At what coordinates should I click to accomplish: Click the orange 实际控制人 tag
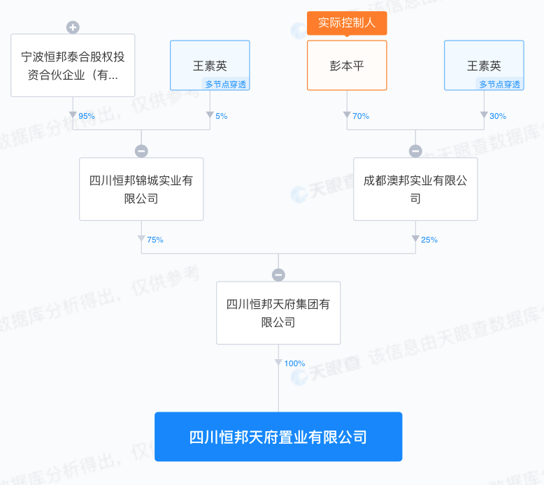[x=347, y=22]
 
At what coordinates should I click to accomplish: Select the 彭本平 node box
[x=347, y=66]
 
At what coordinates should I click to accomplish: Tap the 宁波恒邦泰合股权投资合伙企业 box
[x=73, y=65]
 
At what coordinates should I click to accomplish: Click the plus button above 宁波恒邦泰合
[x=73, y=27]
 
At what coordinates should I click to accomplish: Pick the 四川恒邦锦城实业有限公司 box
[x=141, y=189]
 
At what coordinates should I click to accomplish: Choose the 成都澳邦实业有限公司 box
[x=415, y=189]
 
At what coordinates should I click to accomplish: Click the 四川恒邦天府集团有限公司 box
[x=278, y=313]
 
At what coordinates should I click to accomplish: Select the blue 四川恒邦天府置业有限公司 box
[x=278, y=437]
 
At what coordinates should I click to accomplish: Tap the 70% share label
[x=361, y=116]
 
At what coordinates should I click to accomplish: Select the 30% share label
[x=498, y=116]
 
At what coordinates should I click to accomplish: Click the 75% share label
[x=155, y=240]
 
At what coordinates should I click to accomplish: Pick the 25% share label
[x=429, y=240]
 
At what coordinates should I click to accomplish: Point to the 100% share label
[x=294, y=363]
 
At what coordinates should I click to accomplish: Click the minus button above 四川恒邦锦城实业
[x=141, y=151]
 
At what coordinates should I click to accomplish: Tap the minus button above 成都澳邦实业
[x=415, y=151]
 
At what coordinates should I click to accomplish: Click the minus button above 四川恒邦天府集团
[x=278, y=275]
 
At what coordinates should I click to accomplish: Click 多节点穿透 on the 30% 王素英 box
[x=499, y=85]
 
